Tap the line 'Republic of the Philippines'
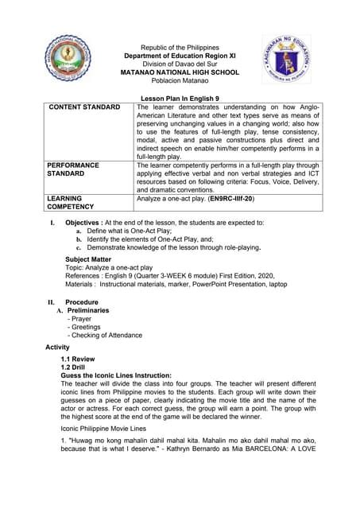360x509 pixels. pyautogui.click(x=179, y=49)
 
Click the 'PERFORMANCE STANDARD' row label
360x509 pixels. pyautogui.click(x=73, y=170)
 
